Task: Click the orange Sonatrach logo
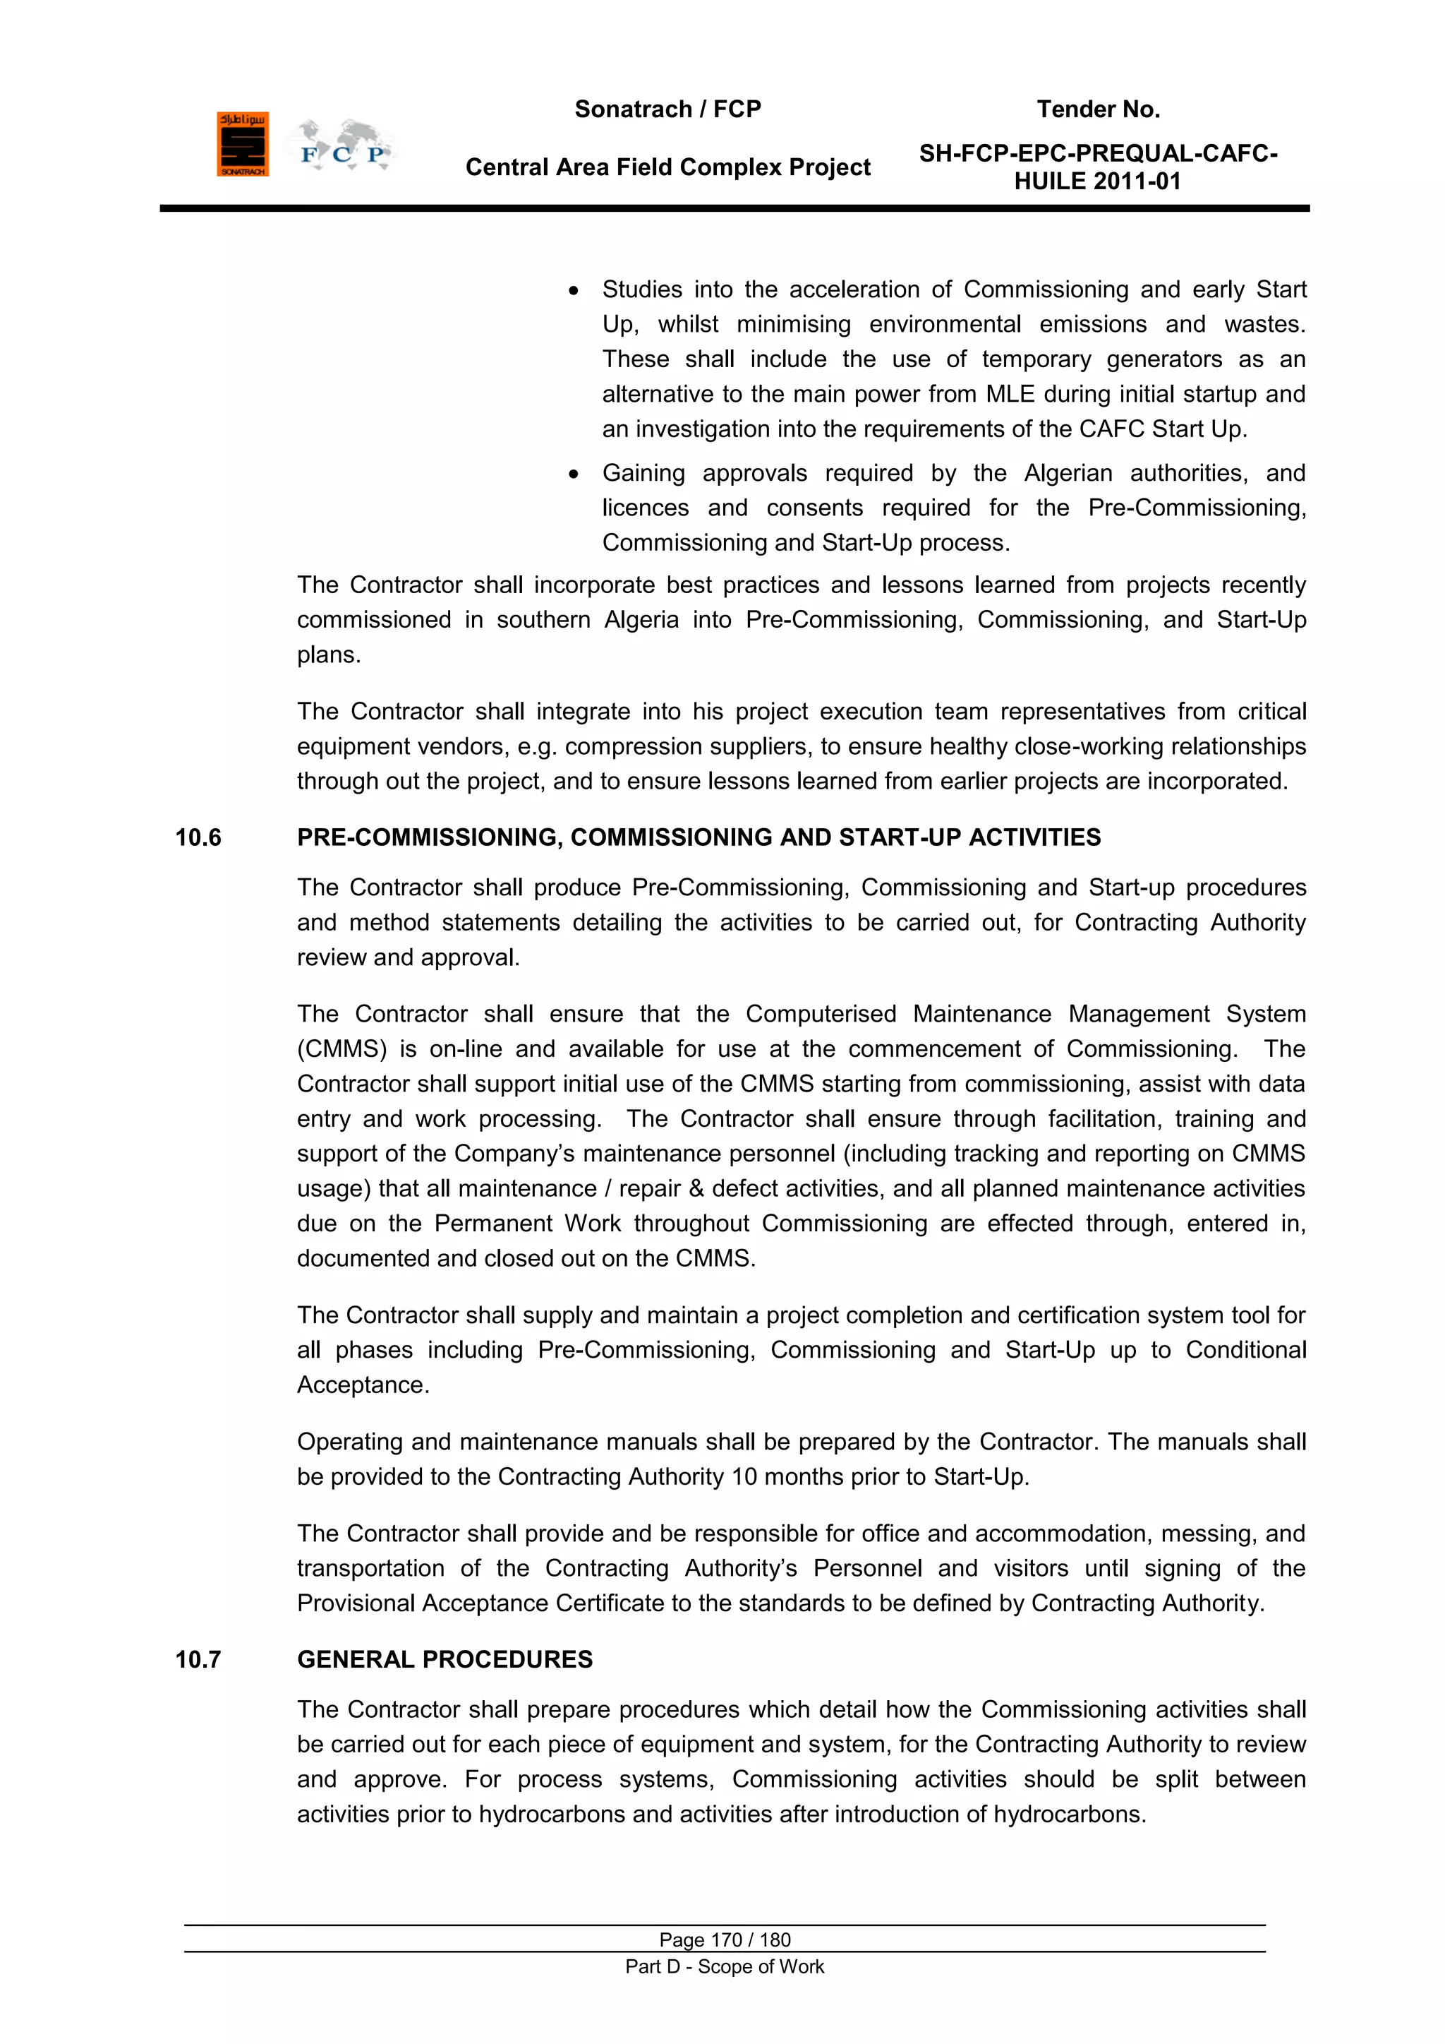click(242, 144)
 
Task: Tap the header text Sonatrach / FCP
click(667, 109)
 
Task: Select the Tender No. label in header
click(1098, 109)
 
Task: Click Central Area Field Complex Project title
click(667, 167)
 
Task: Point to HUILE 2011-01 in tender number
click(1097, 181)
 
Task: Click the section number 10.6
click(198, 837)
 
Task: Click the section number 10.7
click(198, 1659)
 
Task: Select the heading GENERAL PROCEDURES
click(445, 1659)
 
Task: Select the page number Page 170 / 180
click(725, 1940)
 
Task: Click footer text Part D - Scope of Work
click(725, 1966)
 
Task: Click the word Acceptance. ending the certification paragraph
click(363, 1385)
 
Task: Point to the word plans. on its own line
click(328, 655)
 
